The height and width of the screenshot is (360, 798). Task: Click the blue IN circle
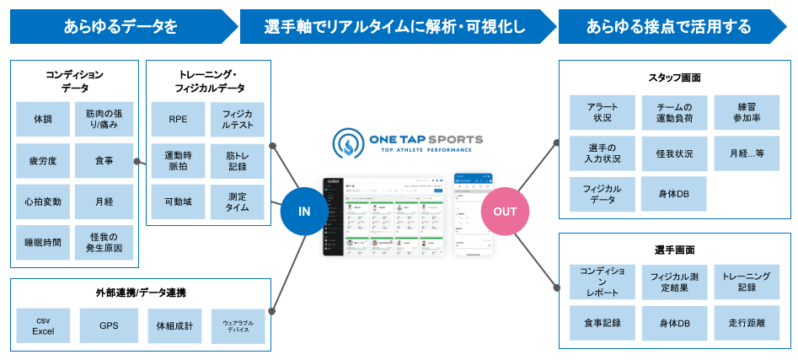point(305,212)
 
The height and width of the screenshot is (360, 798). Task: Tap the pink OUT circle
point(505,212)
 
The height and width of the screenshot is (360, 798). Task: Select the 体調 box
point(42,120)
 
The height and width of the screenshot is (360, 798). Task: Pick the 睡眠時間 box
point(42,242)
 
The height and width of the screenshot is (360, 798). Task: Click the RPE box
point(178,120)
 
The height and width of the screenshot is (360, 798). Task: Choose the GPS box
point(108,325)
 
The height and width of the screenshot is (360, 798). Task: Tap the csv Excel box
point(43,325)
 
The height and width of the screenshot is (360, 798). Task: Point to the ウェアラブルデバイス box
point(238,325)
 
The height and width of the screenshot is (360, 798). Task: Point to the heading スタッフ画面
point(675,78)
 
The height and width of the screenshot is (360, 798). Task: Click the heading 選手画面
point(675,250)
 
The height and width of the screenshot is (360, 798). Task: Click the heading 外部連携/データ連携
point(141,293)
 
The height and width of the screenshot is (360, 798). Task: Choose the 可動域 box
point(178,201)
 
